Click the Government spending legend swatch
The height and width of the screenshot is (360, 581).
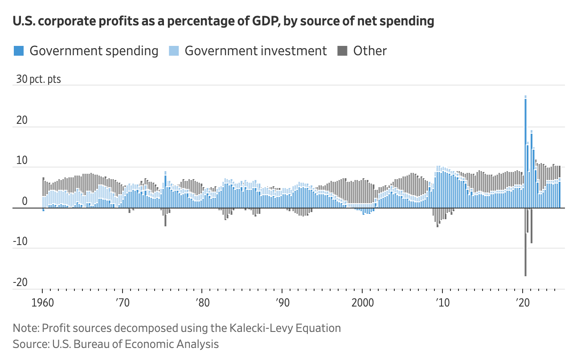pyautogui.click(x=19, y=51)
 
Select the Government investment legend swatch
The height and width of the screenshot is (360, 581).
pyautogui.click(x=174, y=51)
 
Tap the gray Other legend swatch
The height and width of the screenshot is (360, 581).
pyautogui.click(x=342, y=51)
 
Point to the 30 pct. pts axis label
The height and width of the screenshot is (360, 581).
pyautogui.click(x=39, y=79)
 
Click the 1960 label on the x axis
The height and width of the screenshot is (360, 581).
pyautogui.click(x=43, y=303)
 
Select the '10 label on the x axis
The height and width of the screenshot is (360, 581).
pyautogui.click(x=442, y=303)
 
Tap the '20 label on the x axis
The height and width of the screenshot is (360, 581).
pyautogui.click(x=522, y=303)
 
